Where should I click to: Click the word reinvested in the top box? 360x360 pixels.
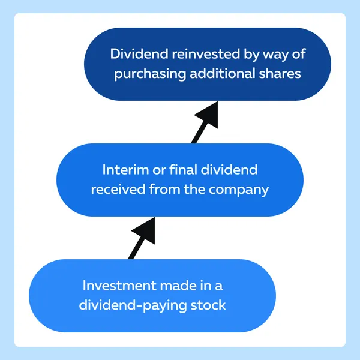tap(206, 54)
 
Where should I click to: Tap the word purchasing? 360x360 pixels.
tap(150, 74)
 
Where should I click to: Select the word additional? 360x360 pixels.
tap(223, 73)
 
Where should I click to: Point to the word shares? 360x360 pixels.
tap(280, 73)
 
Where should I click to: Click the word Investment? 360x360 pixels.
tap(119, 286)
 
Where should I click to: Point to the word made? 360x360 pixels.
tap(178, 286)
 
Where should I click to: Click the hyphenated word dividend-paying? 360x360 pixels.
tap(133, 306)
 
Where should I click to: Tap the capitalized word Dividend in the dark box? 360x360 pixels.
tap(139, 54)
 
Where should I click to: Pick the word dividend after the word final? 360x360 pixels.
tap(229, 170)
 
